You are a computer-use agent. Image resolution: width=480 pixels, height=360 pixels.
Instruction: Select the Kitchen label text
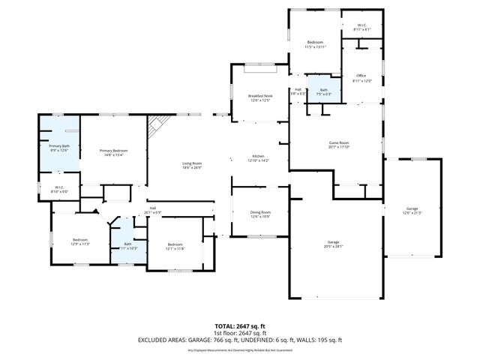click(x=258, y=157)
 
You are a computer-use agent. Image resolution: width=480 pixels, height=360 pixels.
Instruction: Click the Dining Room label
click(x=260, y=213)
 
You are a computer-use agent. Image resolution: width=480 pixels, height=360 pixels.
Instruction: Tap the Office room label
click(x=361, y=76)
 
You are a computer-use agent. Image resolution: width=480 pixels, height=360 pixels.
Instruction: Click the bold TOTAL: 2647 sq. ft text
click(x=240, y=326)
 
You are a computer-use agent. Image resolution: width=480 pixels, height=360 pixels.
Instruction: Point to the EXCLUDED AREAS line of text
click(x=240, y=340)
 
